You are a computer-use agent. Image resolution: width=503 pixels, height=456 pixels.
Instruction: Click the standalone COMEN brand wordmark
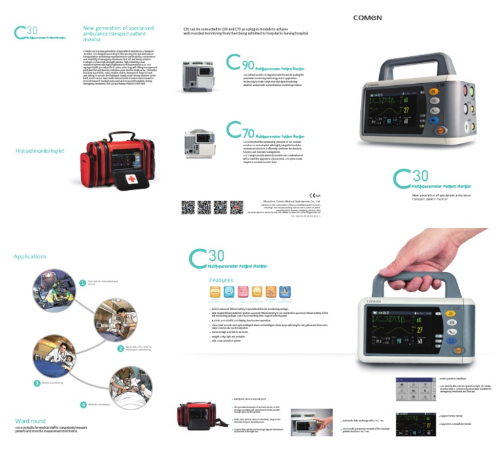pyautogui.click(x=368, y=17)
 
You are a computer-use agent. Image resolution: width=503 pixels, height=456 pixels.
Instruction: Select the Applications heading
pyautogui.click(x=30, y=256)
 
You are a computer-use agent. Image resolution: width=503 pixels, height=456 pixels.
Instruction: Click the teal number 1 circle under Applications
pyautogui.click(x=83, y=282)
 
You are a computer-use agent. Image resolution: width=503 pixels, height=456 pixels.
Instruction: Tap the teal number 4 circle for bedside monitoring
pyautogui.click(x=83, y=404)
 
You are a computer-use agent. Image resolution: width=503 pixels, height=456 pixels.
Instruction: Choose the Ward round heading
pyautogui.click(x=30, y=421)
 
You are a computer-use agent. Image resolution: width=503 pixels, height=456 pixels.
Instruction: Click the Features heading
pyautogui.click(x=221, y=280)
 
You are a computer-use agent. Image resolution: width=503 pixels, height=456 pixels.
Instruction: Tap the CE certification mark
pyautogui.click(x=314, y=196)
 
